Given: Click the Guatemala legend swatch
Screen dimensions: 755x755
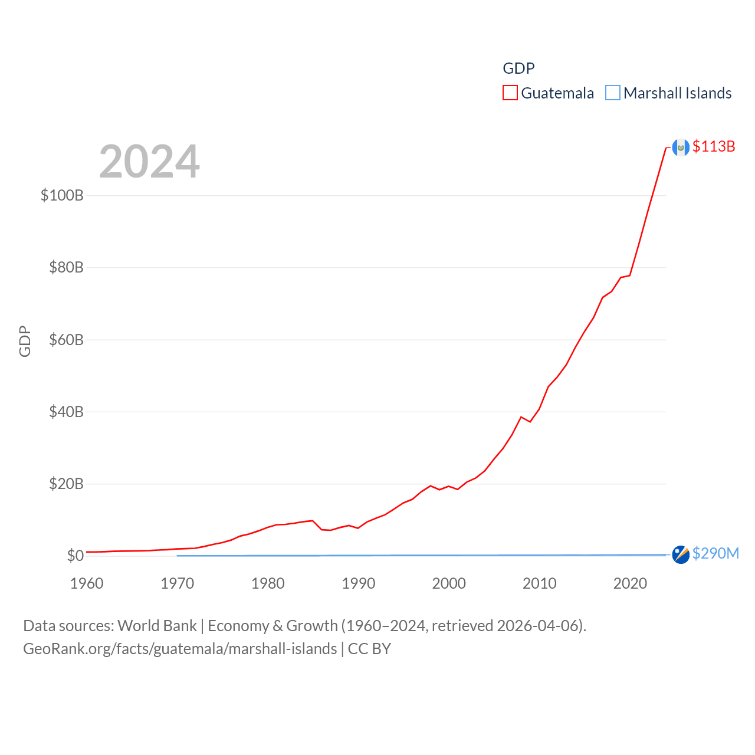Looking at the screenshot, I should pyautogui.click(x=510, y=93).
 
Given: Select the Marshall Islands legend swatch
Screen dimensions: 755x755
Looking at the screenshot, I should pyautogui.click(x=613, y=93).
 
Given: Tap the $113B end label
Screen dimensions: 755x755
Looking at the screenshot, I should pyautogui.click(x=714, y=146).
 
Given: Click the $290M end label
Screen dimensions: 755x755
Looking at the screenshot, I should pyautogui.click(x=715, y=553).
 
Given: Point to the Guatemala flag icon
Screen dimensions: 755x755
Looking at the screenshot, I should pyautogui.click(x=681, y=147).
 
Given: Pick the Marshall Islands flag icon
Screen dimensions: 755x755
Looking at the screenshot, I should pyautogui.click(x=681, y=554).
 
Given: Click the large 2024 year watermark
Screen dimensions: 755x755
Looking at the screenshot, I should pyautogui.click(x=149, y=162).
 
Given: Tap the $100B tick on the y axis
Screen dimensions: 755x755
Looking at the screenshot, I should pyautogui.click(x=62, y=195).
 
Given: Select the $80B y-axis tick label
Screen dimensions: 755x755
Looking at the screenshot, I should pyautogui.click(x=66, y=268).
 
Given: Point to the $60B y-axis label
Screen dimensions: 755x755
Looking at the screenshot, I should pyautogui.click(x=66, y=340).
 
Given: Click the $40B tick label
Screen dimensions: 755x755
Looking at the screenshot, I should pyautogui.click(x=66, y=412).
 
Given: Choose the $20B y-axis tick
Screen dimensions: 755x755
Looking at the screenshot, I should pyautogui.click(x=66, y=484).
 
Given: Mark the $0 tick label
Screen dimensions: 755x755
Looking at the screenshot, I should pyautogui.click(x=75, y=556).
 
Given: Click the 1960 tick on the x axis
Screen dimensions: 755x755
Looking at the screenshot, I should pyautogui.click(x=87, y=583).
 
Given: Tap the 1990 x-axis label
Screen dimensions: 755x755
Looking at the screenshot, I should pyautogui.click(x=359, y=583).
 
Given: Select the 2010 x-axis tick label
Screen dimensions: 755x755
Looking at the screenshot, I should pyautogui.click(x=540, y=583).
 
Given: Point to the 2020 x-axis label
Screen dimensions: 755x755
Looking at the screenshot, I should pyautogui.click(x=630, y=583).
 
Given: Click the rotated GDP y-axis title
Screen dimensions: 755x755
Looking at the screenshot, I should pyautogui.click(x=25, y=341).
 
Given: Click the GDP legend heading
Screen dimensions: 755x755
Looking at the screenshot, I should pyautogui.click(x=518, y=68).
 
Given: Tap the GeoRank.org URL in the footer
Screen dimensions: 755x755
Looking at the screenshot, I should pyautogui.click(x=180, y=649).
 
